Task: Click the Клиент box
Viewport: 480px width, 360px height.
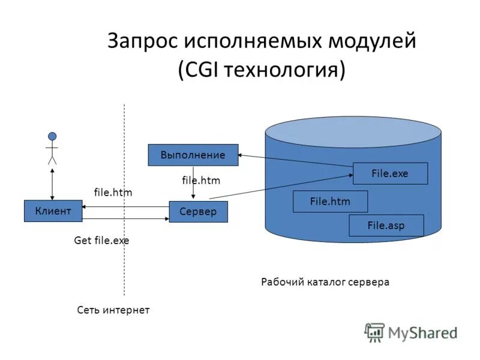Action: [x=53, y=211]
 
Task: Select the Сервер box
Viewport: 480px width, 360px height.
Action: [x=198, y=212]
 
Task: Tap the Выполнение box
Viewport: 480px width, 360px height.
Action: [x=193, y=155]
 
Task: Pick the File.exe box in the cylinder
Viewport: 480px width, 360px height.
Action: [x=390, y=173]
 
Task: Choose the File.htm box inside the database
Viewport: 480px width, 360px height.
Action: [x=330, y=202]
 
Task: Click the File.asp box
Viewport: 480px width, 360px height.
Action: [x=386, y=226]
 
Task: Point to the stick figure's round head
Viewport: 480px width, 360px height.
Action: [x=52, y=136]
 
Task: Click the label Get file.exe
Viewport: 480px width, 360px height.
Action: [x=101, y=241]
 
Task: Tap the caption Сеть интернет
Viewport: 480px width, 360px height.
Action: [x=113, y=310]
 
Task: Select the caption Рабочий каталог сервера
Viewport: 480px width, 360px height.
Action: [x=325, y=281]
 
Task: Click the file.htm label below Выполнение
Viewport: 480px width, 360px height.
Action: [x=201, y=180]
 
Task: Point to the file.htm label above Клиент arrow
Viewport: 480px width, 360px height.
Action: [x=113, y=192]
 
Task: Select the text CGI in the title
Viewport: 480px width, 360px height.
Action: [x=203, y=70]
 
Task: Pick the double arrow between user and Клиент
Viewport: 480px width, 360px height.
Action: [x=53, y=184]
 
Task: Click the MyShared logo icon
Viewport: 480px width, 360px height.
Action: [x=374, y=332]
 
